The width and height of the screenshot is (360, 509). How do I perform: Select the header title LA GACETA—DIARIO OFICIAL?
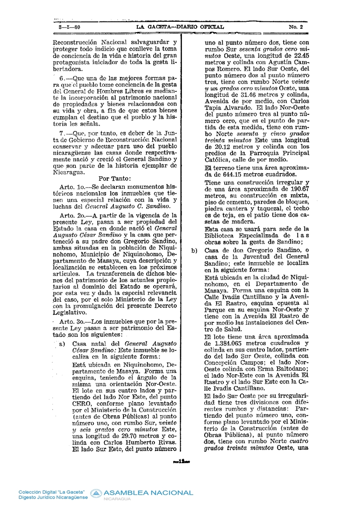[180, 27]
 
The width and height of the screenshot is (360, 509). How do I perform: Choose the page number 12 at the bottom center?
[180, 461]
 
